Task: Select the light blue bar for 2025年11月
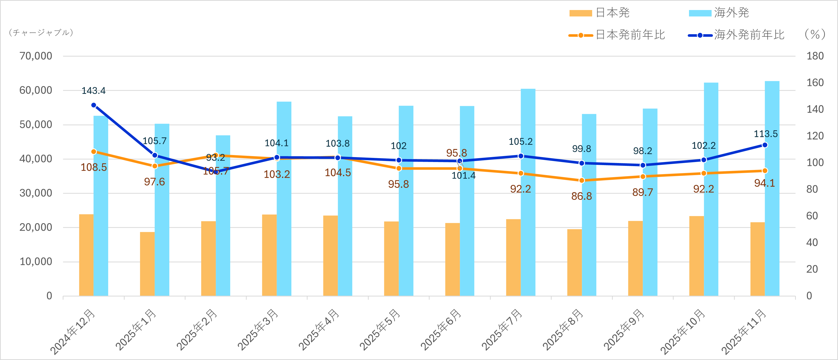(772, 189)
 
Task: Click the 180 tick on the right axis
(815, 56)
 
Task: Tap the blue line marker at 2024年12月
(94, 105)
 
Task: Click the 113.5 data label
(766, 134)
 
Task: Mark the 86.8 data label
(581, 196)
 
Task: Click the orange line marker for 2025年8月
(582, 180)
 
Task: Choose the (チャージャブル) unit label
(41, 33)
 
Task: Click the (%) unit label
(815, 34)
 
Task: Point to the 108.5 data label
(94, 167)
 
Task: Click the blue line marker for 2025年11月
(765, 145)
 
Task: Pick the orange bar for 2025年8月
(574, 262)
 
